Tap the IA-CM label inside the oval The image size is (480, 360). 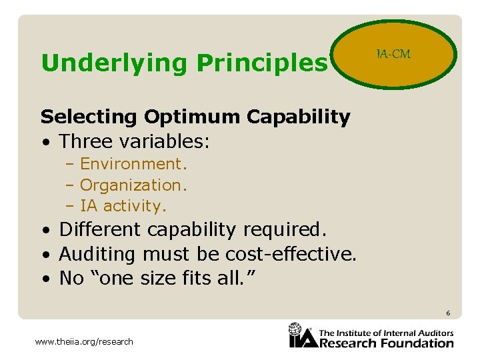393,53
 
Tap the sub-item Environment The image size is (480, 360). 133,164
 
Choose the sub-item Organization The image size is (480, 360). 134,185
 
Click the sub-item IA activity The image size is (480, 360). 123,206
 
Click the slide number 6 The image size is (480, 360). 449,313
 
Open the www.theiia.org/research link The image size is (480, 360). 83,342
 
